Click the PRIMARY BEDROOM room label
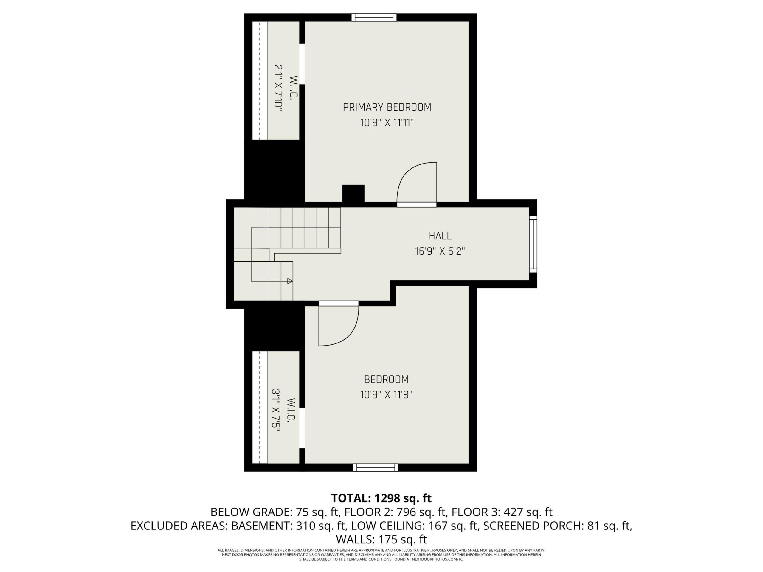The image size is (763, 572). point(387,107)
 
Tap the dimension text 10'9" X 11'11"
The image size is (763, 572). point(387,123)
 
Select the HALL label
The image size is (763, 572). point(440,236)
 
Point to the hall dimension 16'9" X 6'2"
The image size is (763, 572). point(440,251)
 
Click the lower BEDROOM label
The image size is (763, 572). point(386,379)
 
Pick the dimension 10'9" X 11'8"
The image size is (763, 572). point(386,395)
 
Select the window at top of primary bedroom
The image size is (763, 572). point(374,18)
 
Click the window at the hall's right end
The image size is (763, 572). point(533,244)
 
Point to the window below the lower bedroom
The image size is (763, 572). point(376,467)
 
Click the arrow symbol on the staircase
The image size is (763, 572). point(290,281)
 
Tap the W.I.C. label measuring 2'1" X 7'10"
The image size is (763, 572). point(294,88)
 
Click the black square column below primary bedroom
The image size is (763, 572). point(353,193)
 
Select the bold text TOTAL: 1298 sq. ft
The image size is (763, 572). point(381,498)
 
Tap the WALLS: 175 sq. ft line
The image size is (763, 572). point(381,539)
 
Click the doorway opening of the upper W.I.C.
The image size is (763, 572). point(302,64)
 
